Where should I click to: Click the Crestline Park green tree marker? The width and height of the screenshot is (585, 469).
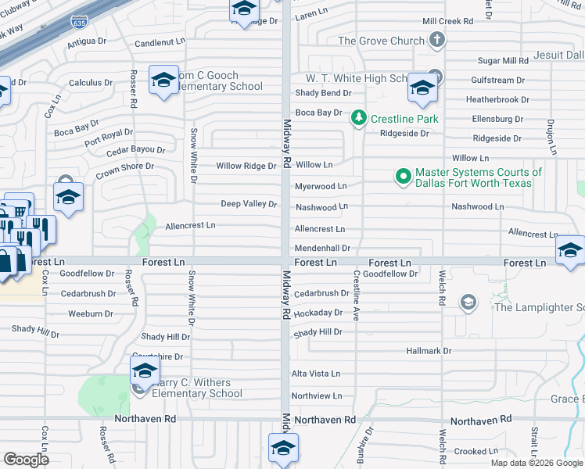358,118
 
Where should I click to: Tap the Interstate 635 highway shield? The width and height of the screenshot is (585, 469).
79,22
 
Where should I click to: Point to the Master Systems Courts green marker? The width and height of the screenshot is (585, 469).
404,177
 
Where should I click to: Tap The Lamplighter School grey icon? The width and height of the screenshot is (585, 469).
468,303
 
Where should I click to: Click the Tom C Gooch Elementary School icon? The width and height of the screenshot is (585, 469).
163,81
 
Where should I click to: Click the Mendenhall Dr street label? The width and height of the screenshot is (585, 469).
321,248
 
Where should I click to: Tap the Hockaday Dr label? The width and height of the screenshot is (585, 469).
318,313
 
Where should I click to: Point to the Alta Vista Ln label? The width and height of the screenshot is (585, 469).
316,374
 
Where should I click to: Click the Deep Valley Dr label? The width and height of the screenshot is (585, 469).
249,204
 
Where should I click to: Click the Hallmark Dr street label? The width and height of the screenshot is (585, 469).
429,352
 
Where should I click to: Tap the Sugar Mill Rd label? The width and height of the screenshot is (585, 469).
503,60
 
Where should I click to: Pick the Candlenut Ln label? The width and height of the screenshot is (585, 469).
160,41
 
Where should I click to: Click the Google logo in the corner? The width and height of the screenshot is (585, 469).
26,459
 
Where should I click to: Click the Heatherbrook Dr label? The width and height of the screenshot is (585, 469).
497,100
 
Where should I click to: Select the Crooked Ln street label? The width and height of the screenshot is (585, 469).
471,451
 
